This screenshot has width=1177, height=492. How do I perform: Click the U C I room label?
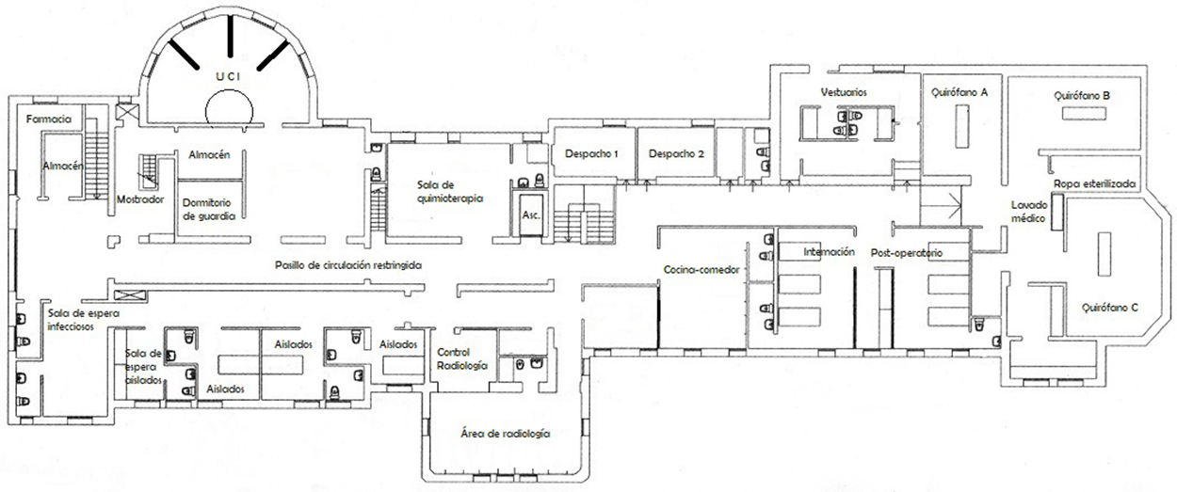(228, 76)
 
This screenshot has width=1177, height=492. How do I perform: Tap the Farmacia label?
(49, 119)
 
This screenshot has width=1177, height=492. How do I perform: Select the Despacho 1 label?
(591, 154)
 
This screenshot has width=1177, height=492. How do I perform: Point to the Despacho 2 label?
(676, 154)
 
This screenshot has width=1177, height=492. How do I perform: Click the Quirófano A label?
(959, 92)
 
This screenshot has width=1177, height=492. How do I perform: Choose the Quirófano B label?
(1082, 96)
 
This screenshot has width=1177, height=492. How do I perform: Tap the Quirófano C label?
(1110, 308)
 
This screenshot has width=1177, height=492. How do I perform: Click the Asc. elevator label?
(531, 215)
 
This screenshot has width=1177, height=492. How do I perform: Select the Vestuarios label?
(844, 92)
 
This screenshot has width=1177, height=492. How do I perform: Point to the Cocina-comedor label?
(701, 270)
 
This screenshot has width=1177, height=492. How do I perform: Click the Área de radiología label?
(506, 434)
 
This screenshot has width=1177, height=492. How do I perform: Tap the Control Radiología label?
(462, 359)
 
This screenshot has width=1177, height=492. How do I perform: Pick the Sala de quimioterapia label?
(450, 192)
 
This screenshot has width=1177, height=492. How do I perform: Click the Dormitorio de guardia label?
(209, 210)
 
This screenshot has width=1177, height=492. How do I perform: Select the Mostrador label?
(140, 199)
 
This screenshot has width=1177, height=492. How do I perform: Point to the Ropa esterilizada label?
(1094, 184)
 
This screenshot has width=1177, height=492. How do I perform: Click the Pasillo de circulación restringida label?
(348, 265)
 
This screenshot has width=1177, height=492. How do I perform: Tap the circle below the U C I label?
(229, 111)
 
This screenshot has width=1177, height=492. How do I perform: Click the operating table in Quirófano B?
(1084, 114)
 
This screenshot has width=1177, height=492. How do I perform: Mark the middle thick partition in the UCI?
(230, 36)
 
